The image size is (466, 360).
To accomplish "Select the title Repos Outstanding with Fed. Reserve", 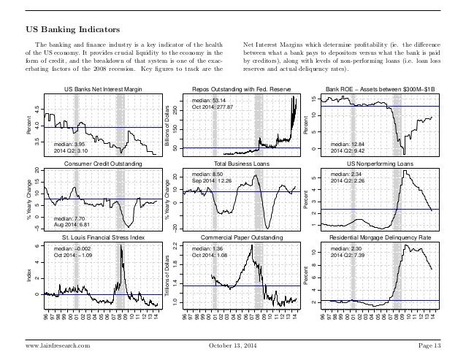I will tap(242, 89).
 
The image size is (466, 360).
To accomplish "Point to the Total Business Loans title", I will tap(241, 165).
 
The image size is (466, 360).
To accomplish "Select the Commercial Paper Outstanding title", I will tap(241, 238).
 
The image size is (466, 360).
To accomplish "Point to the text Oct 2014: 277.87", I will tap(212, 107).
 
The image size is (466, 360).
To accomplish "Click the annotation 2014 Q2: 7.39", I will tap(349, 256).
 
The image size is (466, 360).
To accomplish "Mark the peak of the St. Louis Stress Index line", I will tap(121, 246).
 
